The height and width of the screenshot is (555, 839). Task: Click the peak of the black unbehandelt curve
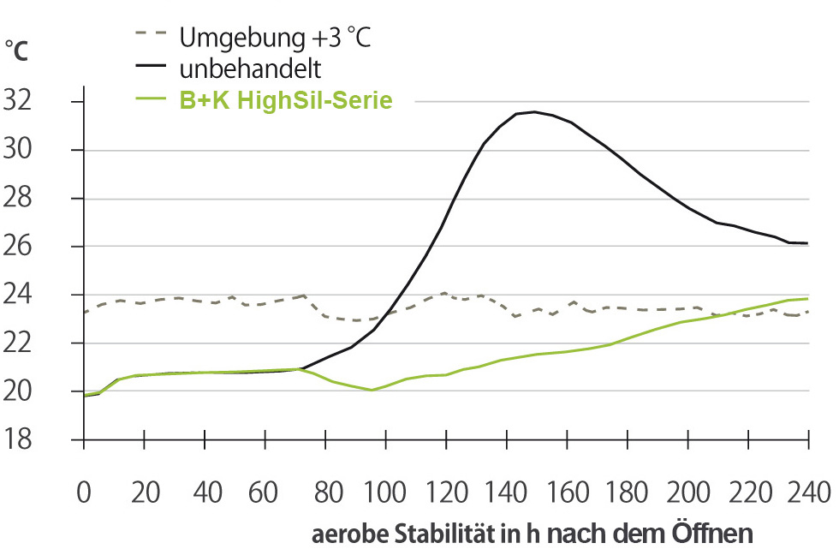point(534,111)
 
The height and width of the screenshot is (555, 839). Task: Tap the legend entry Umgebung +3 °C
point(275,38)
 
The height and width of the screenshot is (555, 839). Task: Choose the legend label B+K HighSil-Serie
point(285,100)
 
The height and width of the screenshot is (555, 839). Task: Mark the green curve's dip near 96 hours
point(372,390)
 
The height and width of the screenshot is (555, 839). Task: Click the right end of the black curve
point(807,243)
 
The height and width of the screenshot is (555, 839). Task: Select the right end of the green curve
point(807,298)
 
